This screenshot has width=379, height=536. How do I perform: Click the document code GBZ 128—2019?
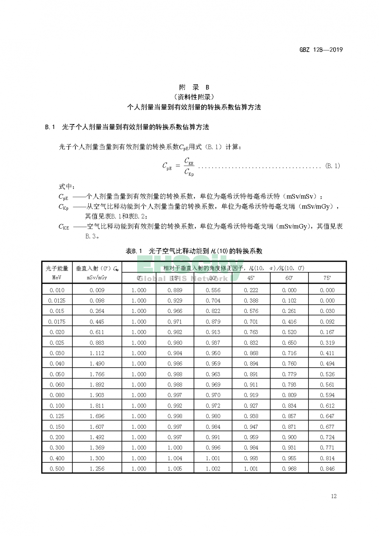[x=321, y=50]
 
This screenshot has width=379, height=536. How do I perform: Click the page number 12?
[x=334, y=496]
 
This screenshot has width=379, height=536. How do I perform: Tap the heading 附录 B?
[x=194, y=87]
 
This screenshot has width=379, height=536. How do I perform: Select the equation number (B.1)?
[x=332, y=166]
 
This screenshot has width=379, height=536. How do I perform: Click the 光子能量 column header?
[x=57, y=268]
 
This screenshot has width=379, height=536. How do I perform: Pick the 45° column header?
[x=251, y=278]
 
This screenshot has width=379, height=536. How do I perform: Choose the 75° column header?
[x=327, y=278]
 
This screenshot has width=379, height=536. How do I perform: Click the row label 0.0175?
[x=57, y=322]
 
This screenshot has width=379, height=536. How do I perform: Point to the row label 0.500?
[x=57, y=468]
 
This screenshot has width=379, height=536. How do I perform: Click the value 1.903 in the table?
[x=97, y=395]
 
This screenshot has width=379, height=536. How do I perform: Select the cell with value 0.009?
[x=97, y=290]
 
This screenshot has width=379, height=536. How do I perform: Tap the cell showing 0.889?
[x=175, y=290]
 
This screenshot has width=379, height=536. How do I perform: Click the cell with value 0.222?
[x=251, y=290]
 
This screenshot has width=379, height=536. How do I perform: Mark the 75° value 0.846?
[x=327, y=468]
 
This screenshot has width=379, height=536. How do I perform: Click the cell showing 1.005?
[x=175, y=468]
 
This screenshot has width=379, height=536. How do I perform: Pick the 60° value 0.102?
[x=289, y=300]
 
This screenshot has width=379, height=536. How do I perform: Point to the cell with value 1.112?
[x=97, y=353]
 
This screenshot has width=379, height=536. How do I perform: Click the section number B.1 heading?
[x=50, y=127]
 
